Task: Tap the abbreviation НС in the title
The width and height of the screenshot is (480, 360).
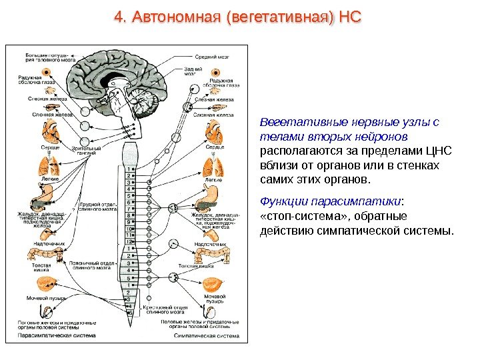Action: [x=349, y=16]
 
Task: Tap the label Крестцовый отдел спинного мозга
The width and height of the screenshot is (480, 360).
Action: [x=159, y=308]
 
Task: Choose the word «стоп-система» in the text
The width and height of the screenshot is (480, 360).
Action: [x=294, y=217]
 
